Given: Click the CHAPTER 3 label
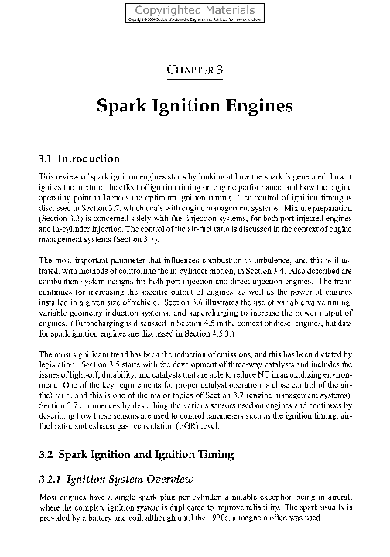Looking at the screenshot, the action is tap(195, 70).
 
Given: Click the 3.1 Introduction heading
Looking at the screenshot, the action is tap(79, 159).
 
